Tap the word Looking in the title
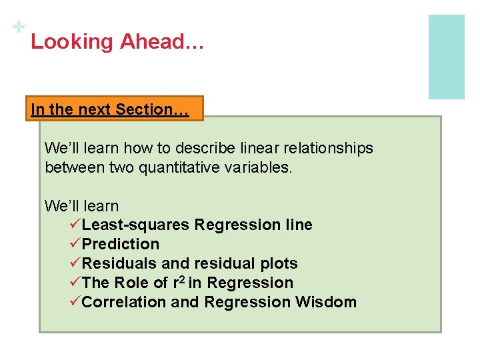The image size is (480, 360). click(72, 42)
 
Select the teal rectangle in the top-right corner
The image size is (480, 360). click(446, 57)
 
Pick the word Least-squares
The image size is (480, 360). click(136, 225)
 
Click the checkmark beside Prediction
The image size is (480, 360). click(75, 244)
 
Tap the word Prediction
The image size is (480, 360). click(121, 244)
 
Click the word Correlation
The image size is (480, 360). click(124, 302)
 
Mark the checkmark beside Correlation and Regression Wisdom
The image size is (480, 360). click(75, 302)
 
